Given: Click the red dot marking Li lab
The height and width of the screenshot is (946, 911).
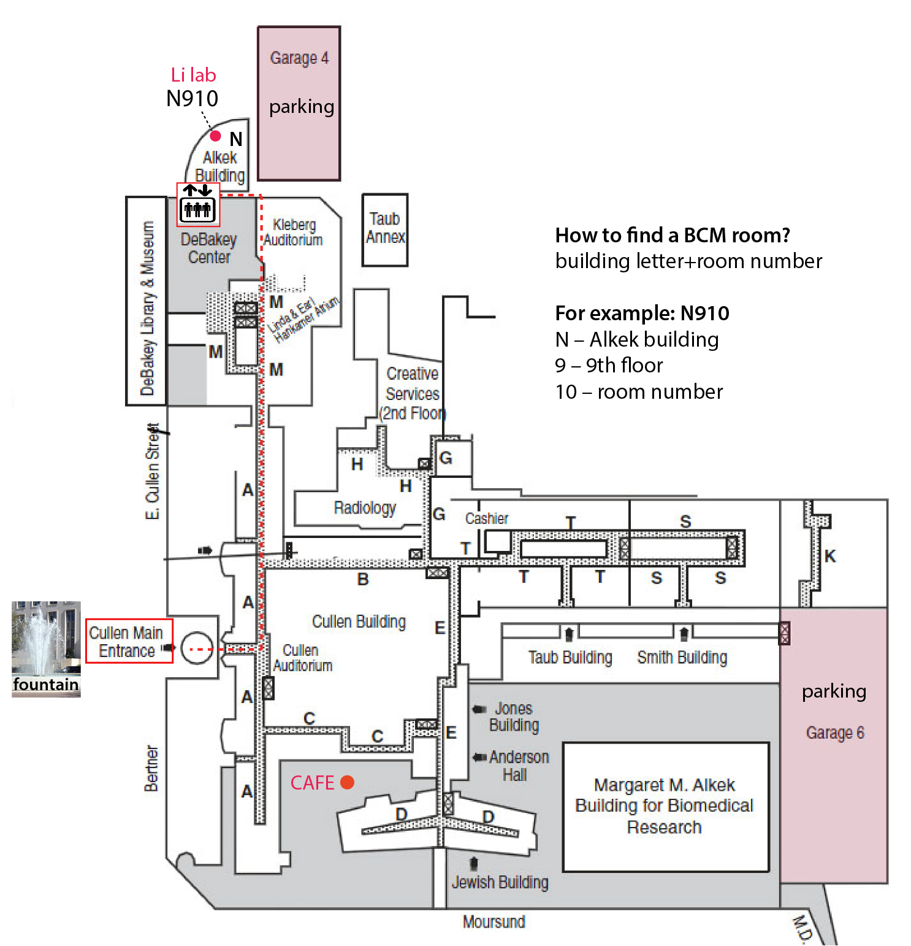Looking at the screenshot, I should tap(216, 136).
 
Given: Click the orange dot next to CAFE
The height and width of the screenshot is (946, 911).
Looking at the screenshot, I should tap(347, 782).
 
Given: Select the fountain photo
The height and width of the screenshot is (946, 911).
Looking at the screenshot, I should tap(46, 648).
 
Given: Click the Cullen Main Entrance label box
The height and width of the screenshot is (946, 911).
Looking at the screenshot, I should tap(129, 641).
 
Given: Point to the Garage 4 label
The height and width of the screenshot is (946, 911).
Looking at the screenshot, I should tap(299, 58).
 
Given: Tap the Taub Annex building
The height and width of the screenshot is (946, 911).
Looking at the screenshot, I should tap(385, 229).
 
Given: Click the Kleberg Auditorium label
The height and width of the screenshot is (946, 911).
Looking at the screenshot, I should tap(294, 233).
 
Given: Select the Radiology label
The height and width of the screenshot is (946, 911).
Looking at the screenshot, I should tap(365, 508).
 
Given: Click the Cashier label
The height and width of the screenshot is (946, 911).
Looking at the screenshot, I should tap(487, 519).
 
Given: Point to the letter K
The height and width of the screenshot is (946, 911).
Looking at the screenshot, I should tap(830, 556).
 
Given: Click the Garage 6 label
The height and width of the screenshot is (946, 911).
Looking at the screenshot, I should tap(835, 733).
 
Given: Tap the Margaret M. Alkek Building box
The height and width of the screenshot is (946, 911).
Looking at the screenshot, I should tap(665, 806).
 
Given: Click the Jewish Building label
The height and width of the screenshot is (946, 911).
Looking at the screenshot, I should tap(500, 882).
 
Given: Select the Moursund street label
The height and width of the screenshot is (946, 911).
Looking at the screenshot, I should tap(494, 922).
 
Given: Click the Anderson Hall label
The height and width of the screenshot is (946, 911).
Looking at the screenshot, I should tap(518, 766).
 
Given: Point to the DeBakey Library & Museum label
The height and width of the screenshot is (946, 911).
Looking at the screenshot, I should tap(147, 308).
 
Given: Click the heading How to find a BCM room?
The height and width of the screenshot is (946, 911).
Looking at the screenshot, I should tap(673, 235).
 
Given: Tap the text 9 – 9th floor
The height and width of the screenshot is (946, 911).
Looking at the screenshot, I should tap(609, 366).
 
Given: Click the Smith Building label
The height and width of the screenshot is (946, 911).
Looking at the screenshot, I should tap(682, 658).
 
